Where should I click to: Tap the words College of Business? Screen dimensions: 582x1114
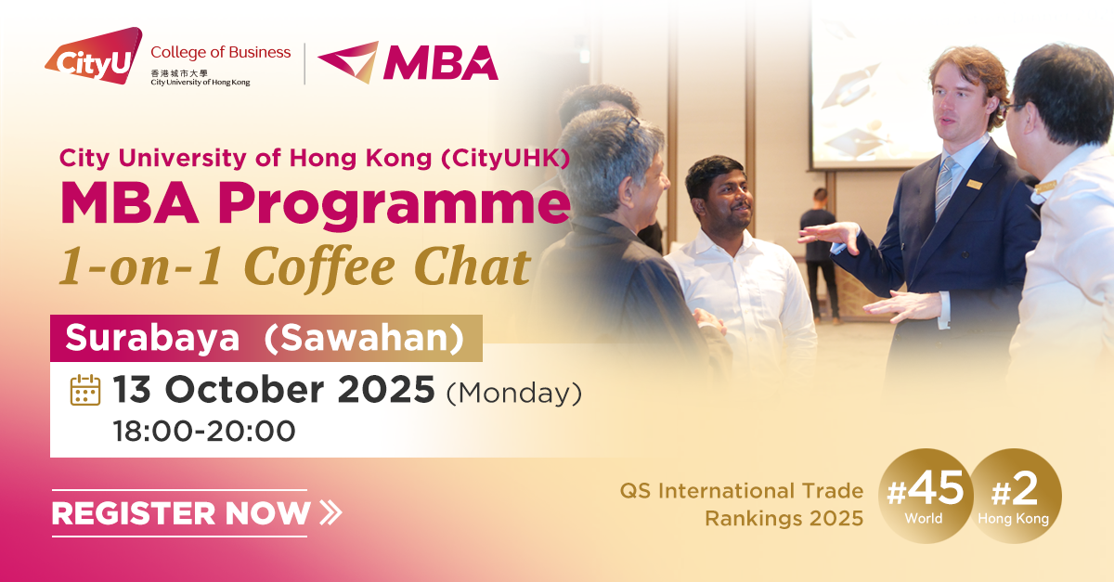pyautogui.click(x=220, y=52)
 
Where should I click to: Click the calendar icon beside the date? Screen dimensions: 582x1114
pyautogui.click(x=85, y=391)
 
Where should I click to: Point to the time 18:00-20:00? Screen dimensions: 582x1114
pyautogui.click(x=204, y=432)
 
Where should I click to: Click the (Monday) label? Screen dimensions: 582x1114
pyautogui.click(x=514, y=393)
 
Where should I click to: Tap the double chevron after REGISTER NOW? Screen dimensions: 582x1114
pyautogui.click(x=330, y=511)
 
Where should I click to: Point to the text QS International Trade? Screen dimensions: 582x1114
pyautogui.click(x=742, y=491)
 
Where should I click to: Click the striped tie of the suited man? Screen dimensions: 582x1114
pyautogui.click(x=945, y=187)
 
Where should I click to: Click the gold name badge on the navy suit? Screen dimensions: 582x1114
pyautogui.click(x=974, y=184)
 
